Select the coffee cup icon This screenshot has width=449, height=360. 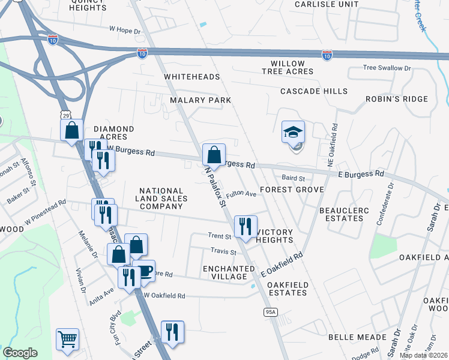click(x=144, y=271)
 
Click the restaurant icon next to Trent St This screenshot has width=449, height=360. click(x=246, y=227)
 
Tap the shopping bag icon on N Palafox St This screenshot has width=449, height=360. click(x=214, y=155)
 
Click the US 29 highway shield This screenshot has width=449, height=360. click(x=64, y=113)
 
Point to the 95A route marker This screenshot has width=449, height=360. click(x=270, y=311)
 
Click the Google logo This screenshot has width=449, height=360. click(x=20, y=353)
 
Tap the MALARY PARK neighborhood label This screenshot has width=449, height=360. click(x=200, y=100)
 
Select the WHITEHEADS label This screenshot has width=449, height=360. click(x=192, y=77)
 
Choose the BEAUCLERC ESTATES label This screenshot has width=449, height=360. click(x=342, y=214)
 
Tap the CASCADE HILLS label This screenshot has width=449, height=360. click(x=314, y=91)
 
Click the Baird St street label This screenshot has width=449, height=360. click(x=294, y=178)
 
